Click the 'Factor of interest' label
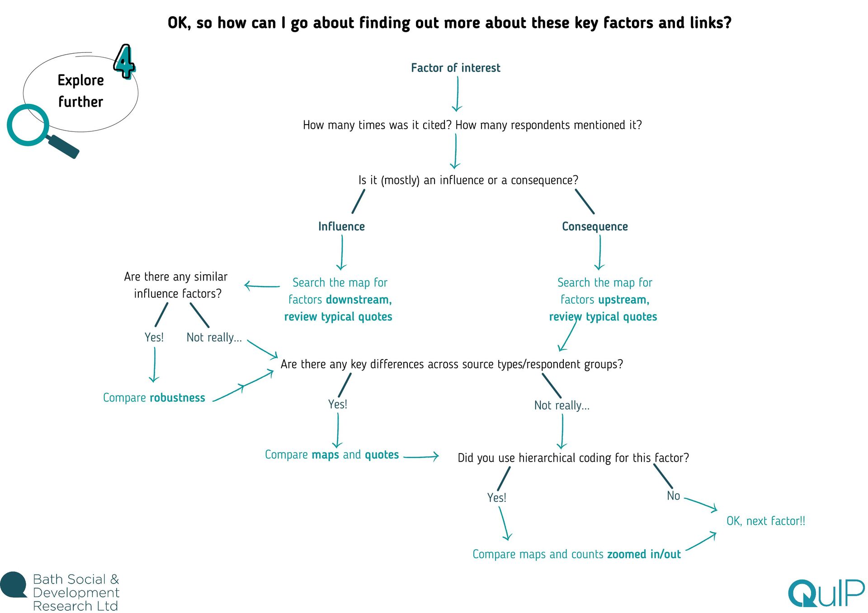click(x=455, y=68)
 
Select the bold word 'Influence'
click(x=341, y=226)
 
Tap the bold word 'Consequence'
click(x=594, y=226)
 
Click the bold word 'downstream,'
click(x=359, y=299)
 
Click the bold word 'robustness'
click(x=177, y=398)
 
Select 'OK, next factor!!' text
click(x=765, y=521)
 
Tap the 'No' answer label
click(x=673, y=496)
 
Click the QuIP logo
click(x=826, y=593)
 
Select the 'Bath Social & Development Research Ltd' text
click(x=76, y=592)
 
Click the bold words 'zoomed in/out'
click(x=644, y=554)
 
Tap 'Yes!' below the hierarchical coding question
click(x=496, y=497)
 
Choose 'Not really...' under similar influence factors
click(x=214, y=337)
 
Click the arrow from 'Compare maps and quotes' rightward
click(x=421, y=456)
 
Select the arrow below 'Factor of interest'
click(x=457, y=94)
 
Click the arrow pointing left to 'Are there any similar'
click(x=262, y=285)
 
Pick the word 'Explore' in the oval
click(x=80, y=80)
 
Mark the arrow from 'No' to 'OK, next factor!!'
click(x=701, y=504)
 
